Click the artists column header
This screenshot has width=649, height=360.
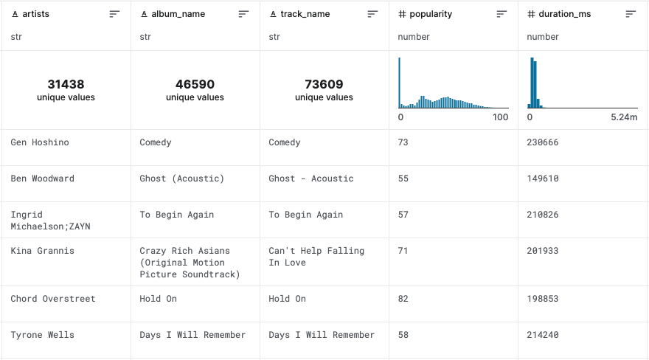click(35, 14)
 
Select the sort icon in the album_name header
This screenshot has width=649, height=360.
click(243, 14)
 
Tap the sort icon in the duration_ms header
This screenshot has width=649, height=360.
click(630, 14)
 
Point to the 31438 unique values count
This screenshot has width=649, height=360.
click(66, 84)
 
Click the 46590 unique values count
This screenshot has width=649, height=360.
click(195, 84)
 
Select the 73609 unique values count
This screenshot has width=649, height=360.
click(324, 84)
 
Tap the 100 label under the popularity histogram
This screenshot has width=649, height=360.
click(501, 117)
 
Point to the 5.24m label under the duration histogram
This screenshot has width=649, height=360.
click(624, 117)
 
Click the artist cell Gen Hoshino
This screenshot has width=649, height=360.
click(40, 142)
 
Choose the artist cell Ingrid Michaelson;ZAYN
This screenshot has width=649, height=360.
click(50, 221)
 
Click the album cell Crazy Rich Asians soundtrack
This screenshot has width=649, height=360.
click(190, 263)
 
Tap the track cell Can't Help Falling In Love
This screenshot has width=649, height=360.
click(316, 257)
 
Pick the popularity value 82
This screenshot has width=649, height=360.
click(403, 299)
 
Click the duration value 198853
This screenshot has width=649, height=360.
click(542, 299)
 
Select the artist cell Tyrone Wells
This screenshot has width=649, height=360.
click(42, 335)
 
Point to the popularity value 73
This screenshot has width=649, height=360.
click(403, 142)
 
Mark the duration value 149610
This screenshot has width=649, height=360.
click(542, 179)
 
